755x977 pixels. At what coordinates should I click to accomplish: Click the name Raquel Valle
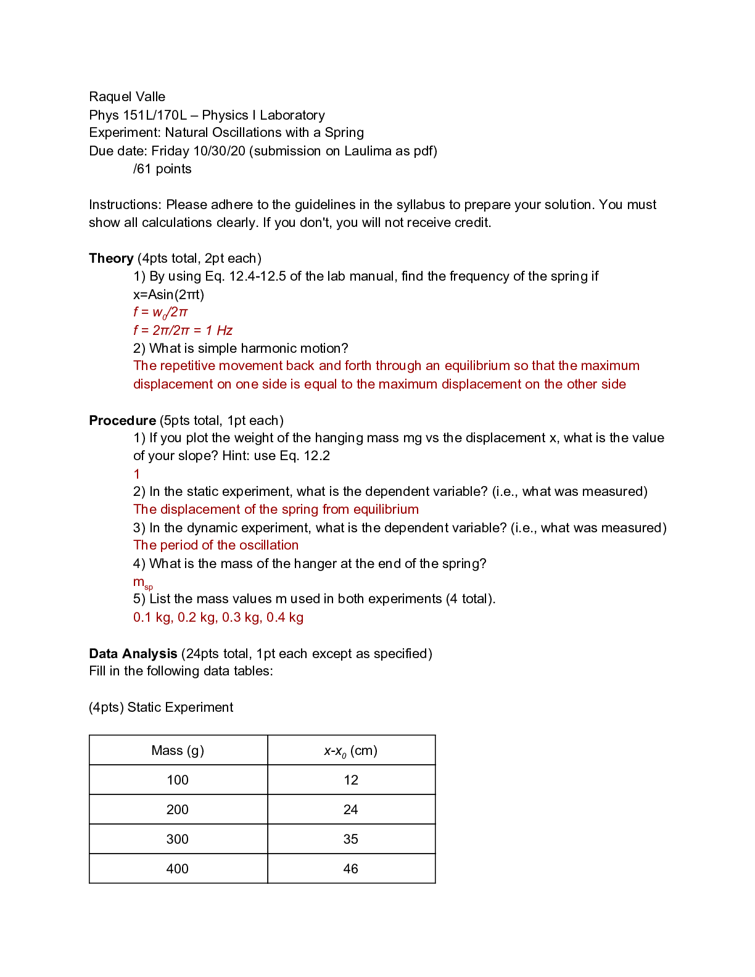pos(127,97)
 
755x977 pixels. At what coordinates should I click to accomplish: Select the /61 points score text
pos(162,169)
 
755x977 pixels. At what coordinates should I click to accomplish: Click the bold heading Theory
pos(111,258)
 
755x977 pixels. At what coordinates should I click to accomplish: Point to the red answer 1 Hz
pos(219,331)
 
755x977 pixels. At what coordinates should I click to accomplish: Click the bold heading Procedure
pos(122,421)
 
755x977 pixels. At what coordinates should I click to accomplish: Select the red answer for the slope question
pos(137,474)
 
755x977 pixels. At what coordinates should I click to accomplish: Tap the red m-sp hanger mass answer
pos(142,582)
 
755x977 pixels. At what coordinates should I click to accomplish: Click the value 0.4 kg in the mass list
pos(285,617)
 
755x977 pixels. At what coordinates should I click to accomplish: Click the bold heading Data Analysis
pos(133,654)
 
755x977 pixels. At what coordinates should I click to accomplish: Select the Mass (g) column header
pos(178,751)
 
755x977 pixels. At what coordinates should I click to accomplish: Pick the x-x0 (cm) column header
pos(350,751)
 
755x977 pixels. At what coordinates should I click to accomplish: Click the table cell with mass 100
pos(178,780)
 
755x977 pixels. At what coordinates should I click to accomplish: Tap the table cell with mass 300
pos(178,839)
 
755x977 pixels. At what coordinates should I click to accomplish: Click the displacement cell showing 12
pos(351,780)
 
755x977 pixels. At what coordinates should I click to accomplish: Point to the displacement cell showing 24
pos(351,810)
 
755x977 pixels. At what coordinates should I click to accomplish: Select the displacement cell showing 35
pos(351,839)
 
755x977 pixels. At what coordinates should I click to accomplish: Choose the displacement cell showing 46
pos(351,869)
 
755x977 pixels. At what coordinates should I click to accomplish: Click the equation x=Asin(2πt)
pos(168,295)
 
